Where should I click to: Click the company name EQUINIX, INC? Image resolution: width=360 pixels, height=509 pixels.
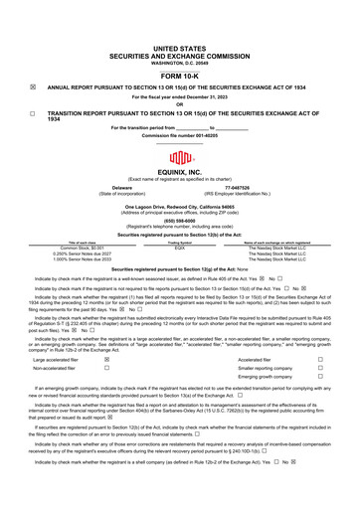point(180,174)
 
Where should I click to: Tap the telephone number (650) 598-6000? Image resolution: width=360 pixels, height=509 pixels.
point(180,220)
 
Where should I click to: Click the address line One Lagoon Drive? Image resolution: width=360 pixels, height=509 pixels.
point(180,203)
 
